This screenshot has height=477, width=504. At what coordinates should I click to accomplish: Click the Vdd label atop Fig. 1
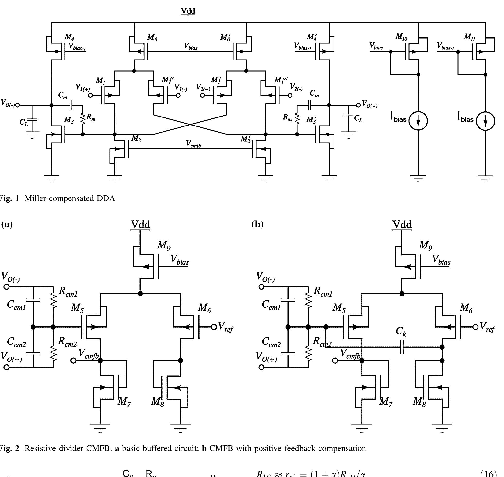click(x=188, y=11)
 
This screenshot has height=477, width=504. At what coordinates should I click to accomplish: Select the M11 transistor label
click(x=469, y=37)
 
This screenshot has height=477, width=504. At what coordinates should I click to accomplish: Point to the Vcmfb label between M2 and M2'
click(x=194, y=144)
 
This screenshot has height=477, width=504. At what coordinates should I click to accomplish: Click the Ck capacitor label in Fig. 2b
click(x=401, y=332)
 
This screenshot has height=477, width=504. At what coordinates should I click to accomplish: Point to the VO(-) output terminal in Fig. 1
click(x=17, y=105)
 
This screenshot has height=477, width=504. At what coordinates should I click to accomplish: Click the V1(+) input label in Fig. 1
click(x=83, y=88)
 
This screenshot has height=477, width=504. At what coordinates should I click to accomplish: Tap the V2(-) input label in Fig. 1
click(x=296, y=87)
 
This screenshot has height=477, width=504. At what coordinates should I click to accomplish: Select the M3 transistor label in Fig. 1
click(x=69, y=119)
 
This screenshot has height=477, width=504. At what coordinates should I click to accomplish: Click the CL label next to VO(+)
click(x=358, y=118)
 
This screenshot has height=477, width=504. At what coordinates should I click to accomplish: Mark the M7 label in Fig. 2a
click(x=124, y=401)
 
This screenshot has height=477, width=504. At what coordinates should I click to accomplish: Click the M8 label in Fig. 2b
click(x=419, y=401)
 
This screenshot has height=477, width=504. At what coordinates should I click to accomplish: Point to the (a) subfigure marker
click(x=7, y=225)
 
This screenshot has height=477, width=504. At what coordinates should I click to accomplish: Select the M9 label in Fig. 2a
click(x=164, y=245)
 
